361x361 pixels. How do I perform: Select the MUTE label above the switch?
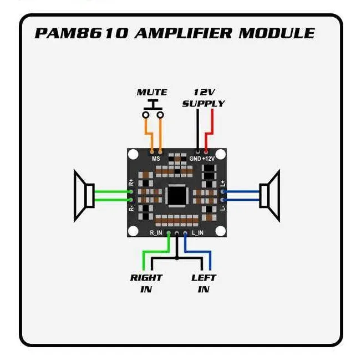tap(152, 92)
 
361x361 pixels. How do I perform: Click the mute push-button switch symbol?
tap(153, 110)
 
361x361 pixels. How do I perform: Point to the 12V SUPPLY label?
tap(204, 98)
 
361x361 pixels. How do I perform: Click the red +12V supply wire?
tap(211, 125)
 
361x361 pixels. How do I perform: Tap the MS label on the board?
tap(156, 159)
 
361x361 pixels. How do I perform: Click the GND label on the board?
tap(195, 159)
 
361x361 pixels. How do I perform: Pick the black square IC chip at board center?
tap(177, 195)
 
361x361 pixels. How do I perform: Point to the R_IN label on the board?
tap(156, 232)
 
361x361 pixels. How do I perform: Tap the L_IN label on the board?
tap(197, 232)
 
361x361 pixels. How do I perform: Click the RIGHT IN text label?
tap(146, 283)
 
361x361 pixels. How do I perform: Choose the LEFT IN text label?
tap(204, 283)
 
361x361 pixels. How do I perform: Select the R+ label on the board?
tap(131, 182)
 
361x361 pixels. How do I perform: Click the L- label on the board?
tap(222, 207)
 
